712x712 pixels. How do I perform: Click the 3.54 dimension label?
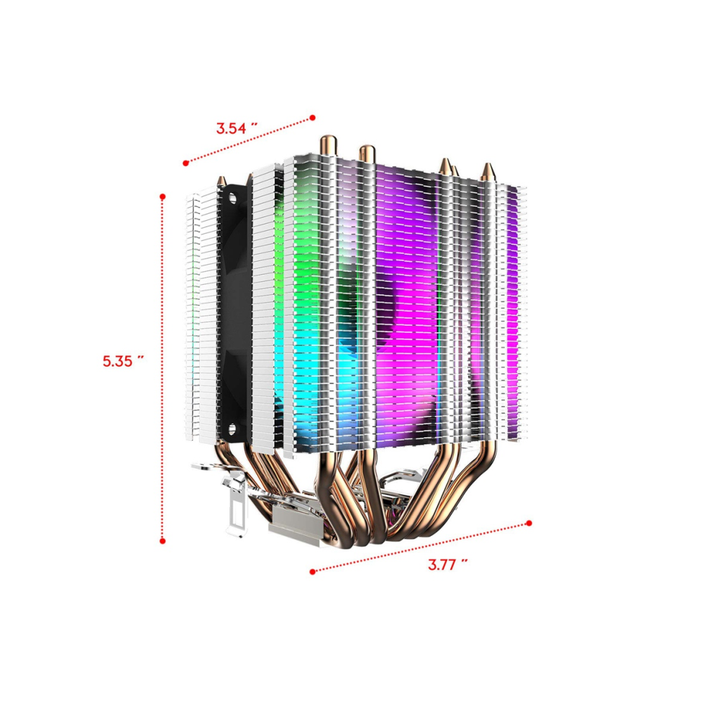pyautogui.click(x=237, y=128)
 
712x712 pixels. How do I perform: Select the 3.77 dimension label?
pyautogui.click(x=448, y=565)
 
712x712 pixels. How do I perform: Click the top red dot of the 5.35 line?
pyautogui.click(x=163, y=196)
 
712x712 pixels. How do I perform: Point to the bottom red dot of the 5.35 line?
pyautogui.click(x=163, y=541)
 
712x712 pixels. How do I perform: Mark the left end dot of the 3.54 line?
pyautogui.click(x=186, y=163)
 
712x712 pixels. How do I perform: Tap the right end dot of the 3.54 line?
pyautogui.click(x=312, y=118)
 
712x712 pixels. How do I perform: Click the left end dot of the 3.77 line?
pyautogui.click(x=312, y=571)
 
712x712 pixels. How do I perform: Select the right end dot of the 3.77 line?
pyautogui.click(x=529, y=523)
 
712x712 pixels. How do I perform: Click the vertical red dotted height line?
pyautogui.click(x=163, y=369)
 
